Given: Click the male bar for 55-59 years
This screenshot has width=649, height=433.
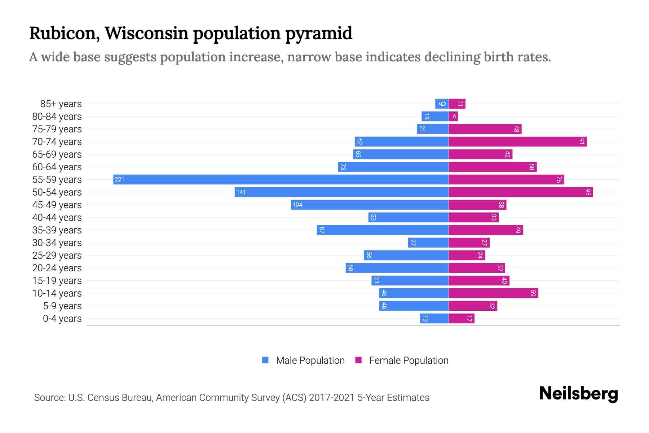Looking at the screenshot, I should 281,179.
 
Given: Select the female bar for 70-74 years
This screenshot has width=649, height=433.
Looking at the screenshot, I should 518,141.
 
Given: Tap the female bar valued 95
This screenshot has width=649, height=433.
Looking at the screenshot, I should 521,192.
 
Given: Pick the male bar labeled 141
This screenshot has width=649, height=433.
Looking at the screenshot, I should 342,192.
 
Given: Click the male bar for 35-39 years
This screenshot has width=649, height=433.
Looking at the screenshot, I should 383,230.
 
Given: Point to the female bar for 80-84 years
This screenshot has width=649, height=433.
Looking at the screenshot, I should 453,116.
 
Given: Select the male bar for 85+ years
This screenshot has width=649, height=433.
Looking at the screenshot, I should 442,104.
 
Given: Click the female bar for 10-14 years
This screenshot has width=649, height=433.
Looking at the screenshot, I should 493,293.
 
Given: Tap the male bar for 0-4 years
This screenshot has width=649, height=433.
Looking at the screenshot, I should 434,318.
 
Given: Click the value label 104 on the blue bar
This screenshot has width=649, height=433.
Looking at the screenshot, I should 297,205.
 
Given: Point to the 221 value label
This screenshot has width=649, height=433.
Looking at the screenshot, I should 119,179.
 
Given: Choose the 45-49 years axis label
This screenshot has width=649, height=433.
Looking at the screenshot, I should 57,205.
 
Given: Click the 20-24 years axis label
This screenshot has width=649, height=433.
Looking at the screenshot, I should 57,268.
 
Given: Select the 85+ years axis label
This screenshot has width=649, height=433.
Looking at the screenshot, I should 61,104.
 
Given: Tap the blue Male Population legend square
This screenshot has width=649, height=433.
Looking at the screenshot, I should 265,360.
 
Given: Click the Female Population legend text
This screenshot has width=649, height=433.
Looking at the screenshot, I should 409,360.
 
